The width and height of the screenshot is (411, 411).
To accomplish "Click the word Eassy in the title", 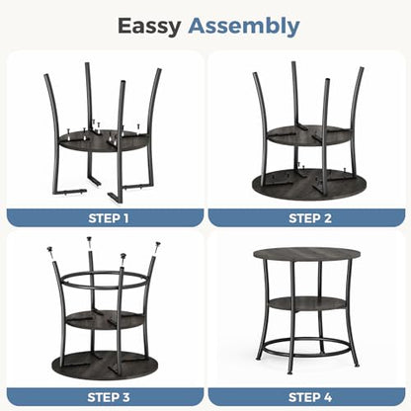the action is pos(149,27).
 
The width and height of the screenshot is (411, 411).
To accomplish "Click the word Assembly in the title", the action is pos(244,26).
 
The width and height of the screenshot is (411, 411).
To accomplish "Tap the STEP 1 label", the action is pos(109,218).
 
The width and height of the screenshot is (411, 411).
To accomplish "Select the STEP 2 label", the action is pos(310,218).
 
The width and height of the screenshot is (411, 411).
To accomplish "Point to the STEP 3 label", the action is pos(109,397).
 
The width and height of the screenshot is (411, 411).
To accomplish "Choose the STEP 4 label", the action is pos(310,397).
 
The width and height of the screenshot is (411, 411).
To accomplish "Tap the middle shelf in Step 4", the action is pos(306,303).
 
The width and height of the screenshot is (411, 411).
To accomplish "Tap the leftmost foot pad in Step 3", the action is pos(50,251).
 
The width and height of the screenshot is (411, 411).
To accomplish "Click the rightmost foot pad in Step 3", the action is pos(157,246).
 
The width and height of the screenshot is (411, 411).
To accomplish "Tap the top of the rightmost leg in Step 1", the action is pos(159,70).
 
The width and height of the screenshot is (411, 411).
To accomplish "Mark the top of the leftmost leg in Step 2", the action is pos(255,74).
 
